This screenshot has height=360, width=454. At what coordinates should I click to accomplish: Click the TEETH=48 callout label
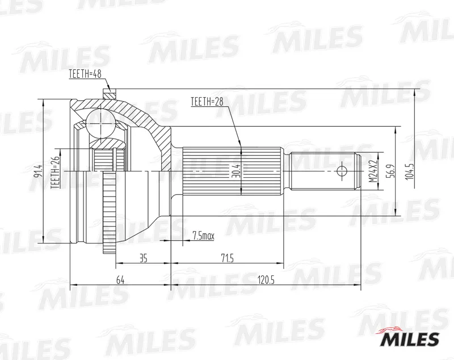click(85, 74)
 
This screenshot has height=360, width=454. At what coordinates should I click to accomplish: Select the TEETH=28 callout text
click(207, 102)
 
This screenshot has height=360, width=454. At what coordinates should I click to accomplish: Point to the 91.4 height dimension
click(38, 171)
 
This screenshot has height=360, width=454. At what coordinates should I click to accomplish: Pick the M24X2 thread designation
click(374, 171)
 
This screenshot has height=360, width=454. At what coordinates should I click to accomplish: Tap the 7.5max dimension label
click(203, 236)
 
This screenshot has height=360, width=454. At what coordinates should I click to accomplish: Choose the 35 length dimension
click(144, 258)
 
